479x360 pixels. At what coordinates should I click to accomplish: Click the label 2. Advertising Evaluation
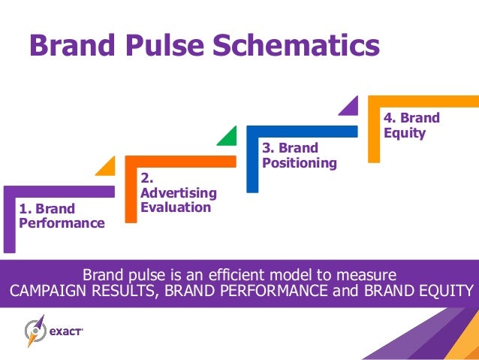coord(179,193)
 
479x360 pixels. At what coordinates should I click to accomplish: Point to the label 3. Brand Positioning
coord(299,156)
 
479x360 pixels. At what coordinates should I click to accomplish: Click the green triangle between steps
coord(227,136)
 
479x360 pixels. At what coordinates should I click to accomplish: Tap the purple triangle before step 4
coord(349,106)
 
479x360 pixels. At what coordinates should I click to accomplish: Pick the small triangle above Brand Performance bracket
coord(106,166)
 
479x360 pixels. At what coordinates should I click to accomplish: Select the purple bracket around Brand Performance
coord(9,218)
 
